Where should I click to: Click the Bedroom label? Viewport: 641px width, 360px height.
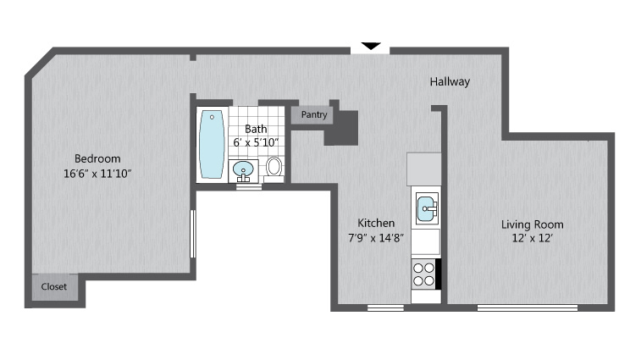coord(97,158)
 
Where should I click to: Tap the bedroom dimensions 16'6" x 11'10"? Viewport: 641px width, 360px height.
coord(97,174)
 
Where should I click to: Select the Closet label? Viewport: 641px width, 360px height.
coord(54,287)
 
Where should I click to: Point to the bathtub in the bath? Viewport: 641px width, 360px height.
coord(212,144)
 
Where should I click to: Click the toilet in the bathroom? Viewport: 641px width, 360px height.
coord(274,169)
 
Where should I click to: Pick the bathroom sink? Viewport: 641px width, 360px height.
coord(243,170)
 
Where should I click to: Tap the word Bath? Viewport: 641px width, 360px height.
coord(256,130)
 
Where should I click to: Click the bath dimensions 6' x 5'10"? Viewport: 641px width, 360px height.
coord(256,142)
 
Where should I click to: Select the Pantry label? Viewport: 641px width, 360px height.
coord(314,114)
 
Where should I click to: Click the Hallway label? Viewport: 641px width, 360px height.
coord(450,82)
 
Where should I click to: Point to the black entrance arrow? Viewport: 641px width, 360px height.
coord(371,47)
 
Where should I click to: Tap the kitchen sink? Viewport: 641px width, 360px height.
coord(427,208)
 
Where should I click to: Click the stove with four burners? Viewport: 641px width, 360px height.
coord(423,274)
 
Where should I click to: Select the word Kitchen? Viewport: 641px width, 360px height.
coord(376,223)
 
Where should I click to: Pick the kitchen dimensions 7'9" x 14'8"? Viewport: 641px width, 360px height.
coord(376,238)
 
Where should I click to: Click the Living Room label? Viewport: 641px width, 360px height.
coord(533,224)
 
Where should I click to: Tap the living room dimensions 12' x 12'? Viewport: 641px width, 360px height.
coord(533,238)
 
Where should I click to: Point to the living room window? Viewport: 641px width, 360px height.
coord(528,307)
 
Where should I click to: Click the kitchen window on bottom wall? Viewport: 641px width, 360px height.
coord(385,307)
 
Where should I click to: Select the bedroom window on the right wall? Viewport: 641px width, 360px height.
coord(193,234)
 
